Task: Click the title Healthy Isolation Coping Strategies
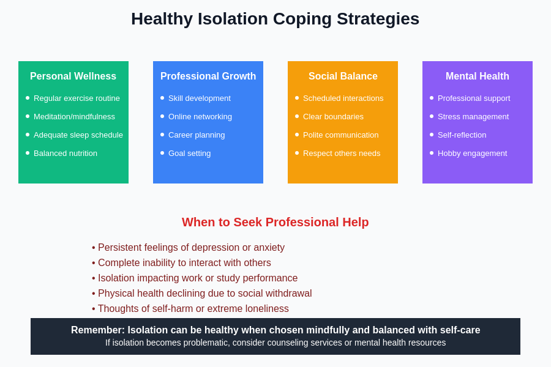[275, 19]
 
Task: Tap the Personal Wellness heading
[73, 76]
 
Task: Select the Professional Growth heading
[208, 76]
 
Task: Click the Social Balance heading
[343, 76]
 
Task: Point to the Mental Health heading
[478, 76]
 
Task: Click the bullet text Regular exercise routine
[77, 98]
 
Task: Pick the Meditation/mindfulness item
[74, 117]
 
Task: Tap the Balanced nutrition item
[66, 154]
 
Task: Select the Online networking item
[200, 117]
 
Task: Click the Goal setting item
[189, 154]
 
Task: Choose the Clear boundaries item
[333, 117]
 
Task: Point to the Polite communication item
[340, 135]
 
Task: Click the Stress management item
[473, 117]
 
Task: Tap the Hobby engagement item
[472, 154]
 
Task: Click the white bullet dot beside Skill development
[162, 98]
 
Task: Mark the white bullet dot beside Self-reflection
[432, 135]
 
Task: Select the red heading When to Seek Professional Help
[275, 223]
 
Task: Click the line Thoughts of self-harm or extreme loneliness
[193, 309]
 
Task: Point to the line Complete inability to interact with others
[184, 263]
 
